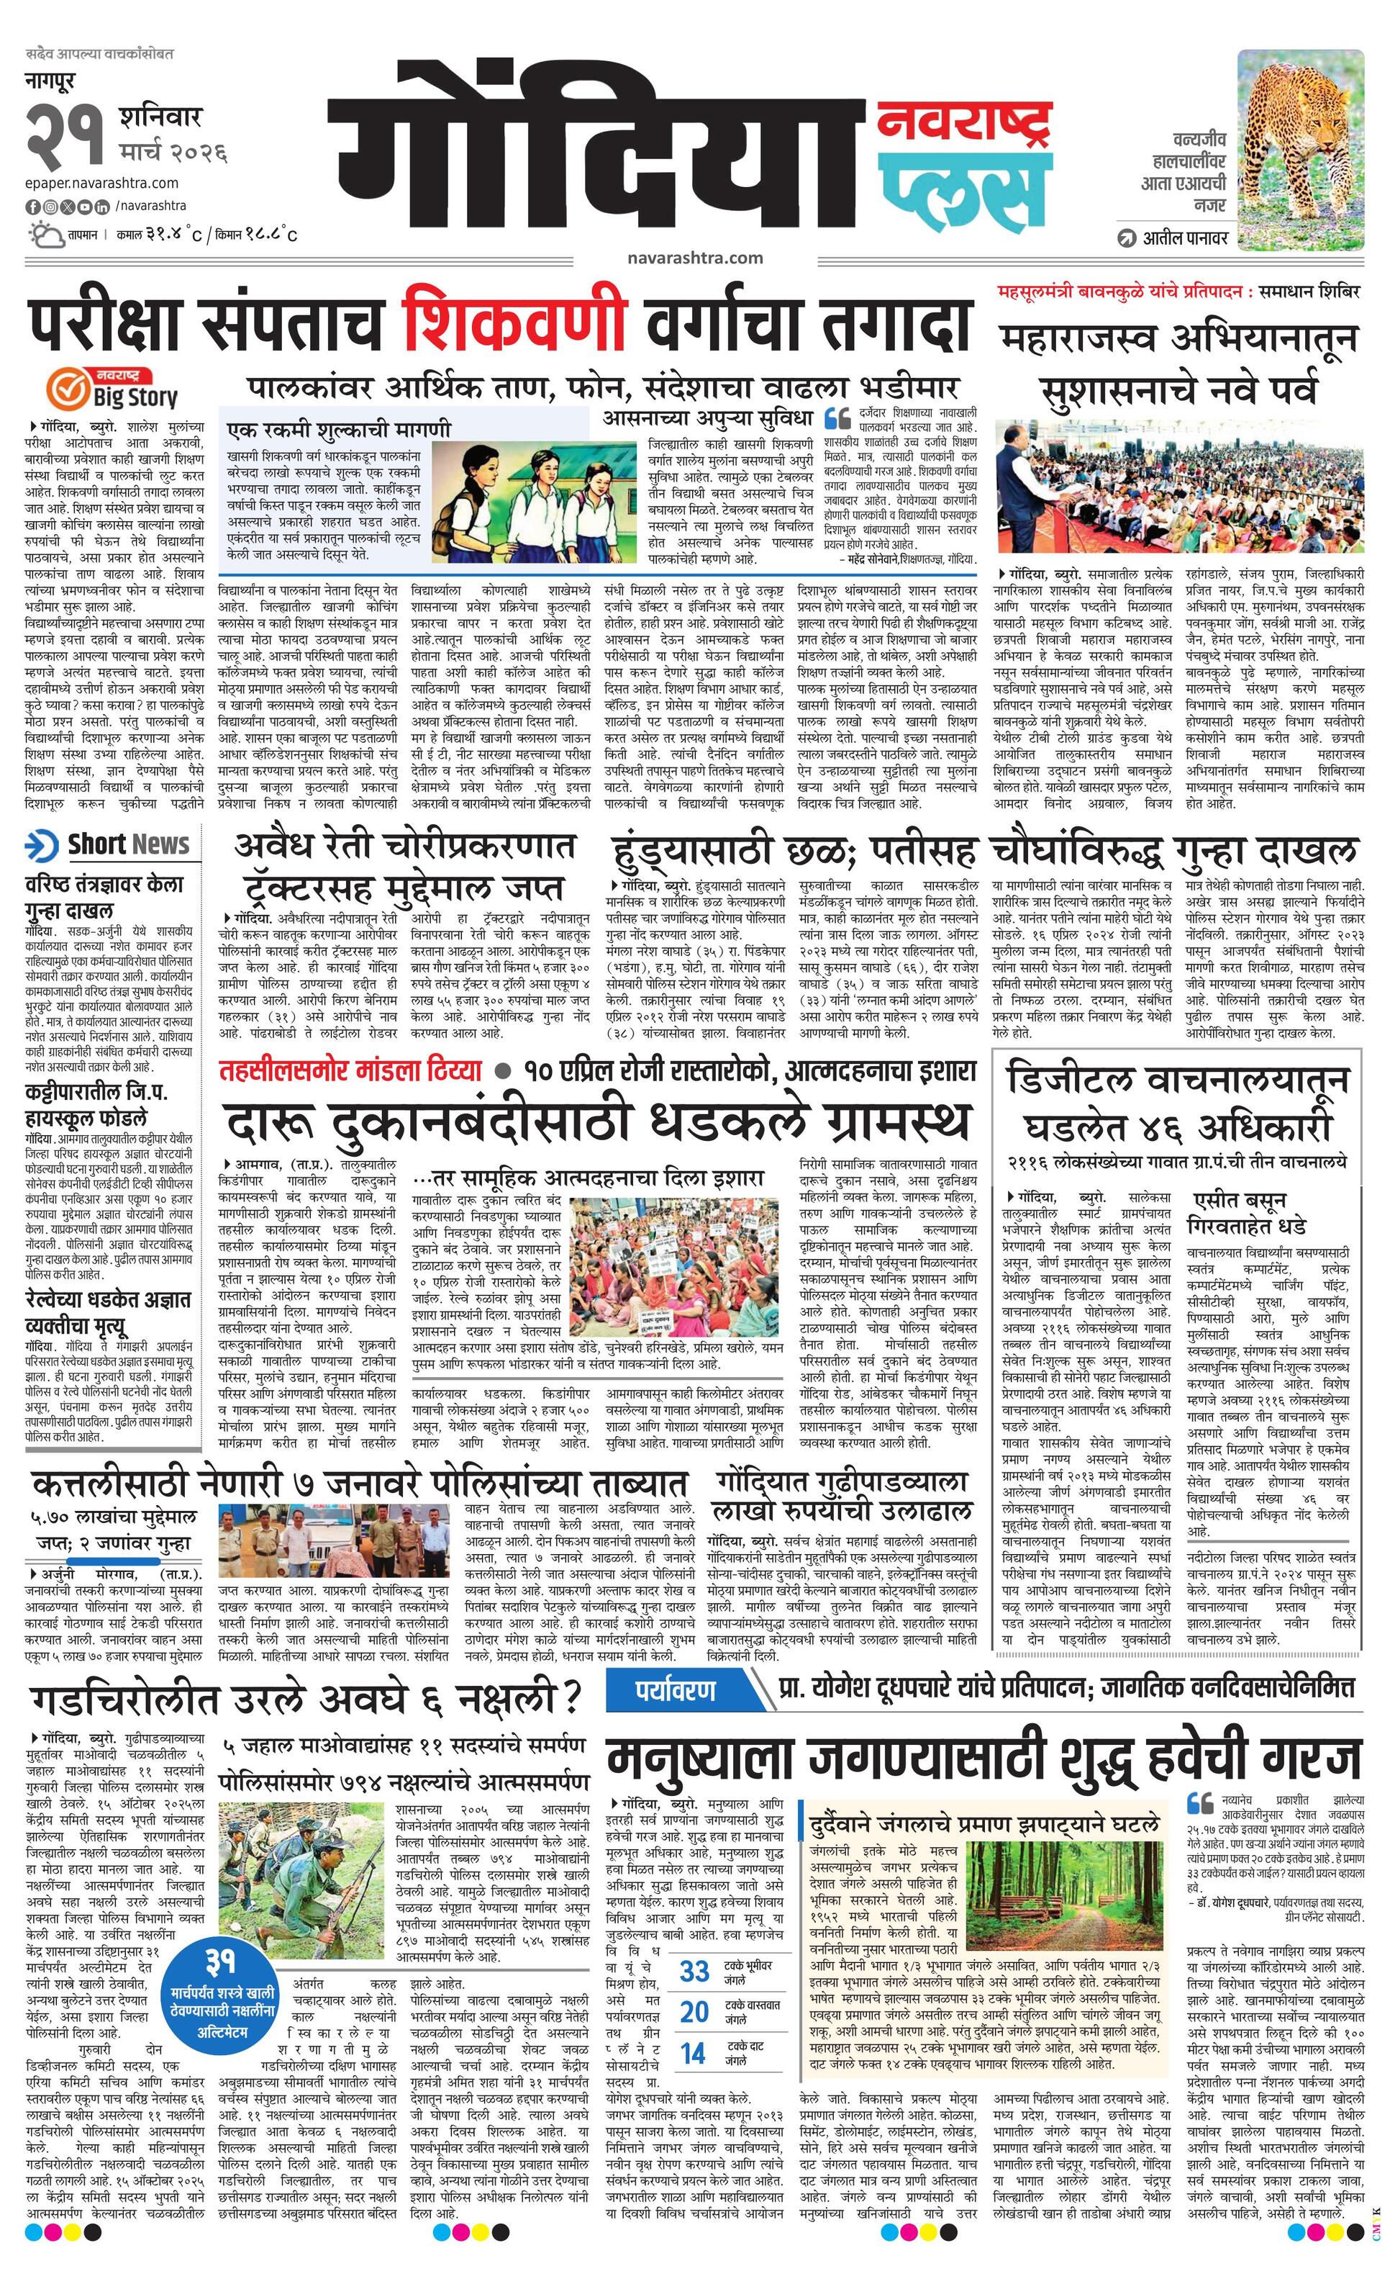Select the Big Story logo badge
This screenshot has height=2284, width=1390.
point(113,387)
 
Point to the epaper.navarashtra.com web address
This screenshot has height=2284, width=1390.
point(102,183)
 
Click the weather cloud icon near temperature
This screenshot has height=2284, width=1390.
point(46,234)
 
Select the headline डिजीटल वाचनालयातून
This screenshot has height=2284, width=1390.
point(1177,1081)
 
